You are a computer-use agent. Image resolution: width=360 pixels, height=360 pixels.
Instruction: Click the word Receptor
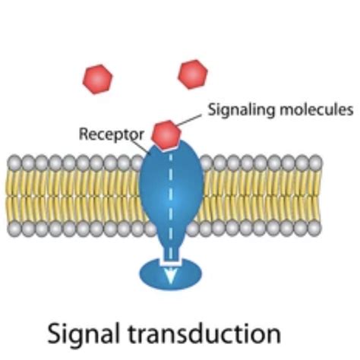click(112, 134)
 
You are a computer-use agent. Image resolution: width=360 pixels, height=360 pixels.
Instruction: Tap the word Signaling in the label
click(242, 110)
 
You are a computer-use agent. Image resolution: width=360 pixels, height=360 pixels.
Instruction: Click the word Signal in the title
click(84, 333)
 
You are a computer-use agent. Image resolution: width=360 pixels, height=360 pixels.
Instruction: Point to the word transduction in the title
click(204, 333)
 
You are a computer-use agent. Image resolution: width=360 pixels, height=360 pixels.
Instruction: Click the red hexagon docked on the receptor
click(166, 135)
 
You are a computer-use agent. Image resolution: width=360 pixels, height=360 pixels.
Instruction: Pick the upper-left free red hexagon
click(98, 79)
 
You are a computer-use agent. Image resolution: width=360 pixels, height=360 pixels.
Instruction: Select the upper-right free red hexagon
click(193, 74)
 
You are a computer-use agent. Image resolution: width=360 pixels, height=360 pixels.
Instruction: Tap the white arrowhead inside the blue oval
click(170, 276)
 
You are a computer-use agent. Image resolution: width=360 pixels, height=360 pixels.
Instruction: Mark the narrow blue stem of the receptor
click(171, 253)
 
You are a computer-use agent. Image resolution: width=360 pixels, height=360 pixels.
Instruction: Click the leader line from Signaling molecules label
click(188, 120)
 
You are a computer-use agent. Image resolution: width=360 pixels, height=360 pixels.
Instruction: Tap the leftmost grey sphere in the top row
click(14, 163)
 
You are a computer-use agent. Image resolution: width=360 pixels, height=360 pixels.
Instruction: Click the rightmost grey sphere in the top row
click(315, 163)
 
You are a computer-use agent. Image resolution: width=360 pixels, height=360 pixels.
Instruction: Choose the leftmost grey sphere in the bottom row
click(14, 229)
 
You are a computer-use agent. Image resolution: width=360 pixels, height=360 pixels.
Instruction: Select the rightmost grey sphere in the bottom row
click(314, 229)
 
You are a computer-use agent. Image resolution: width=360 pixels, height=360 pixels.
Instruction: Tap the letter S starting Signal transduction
click(55, 333)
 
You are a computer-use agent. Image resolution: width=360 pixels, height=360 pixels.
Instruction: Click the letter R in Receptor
click(84, 134)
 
